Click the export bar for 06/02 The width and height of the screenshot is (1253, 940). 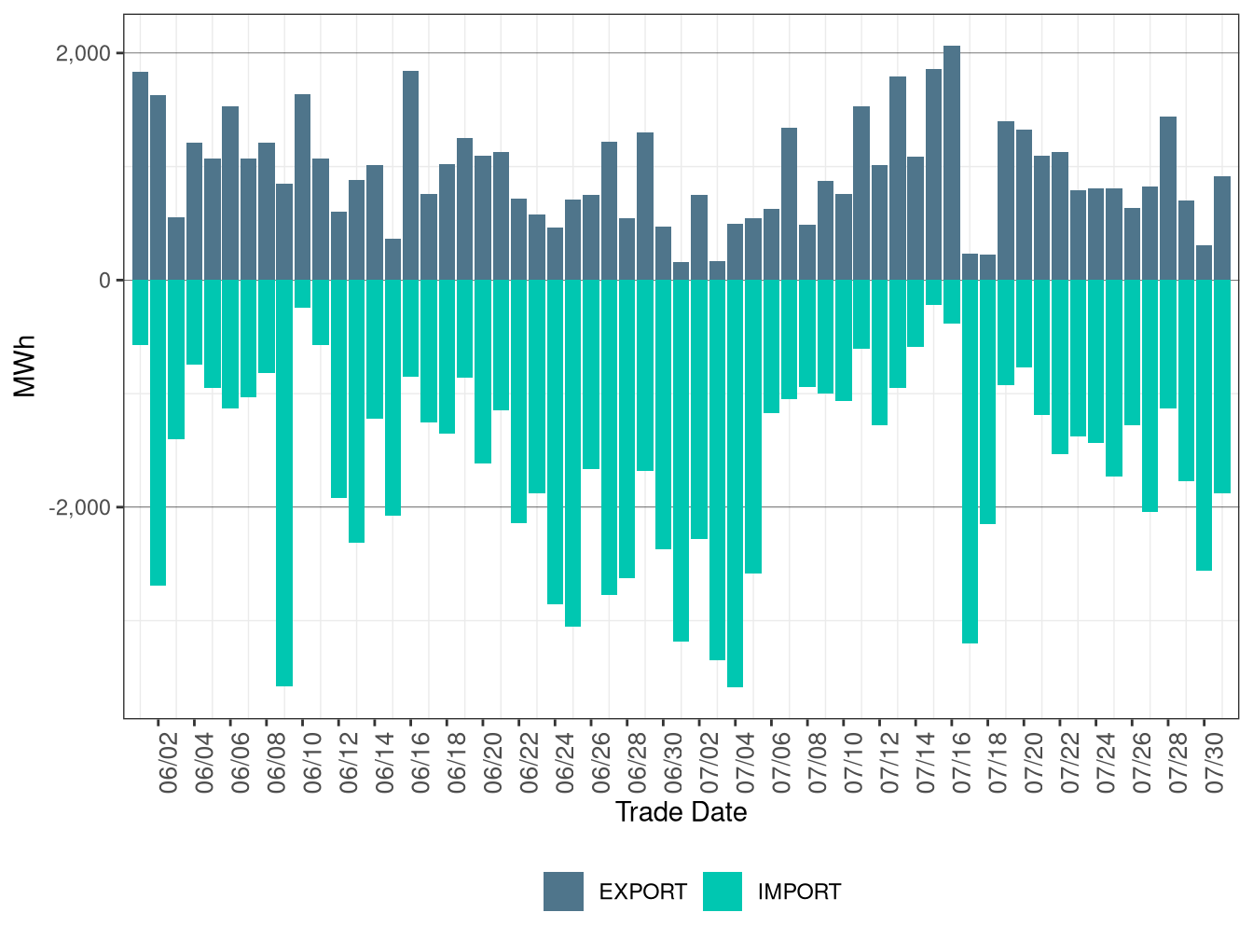pyautogui.click(x=158, y=187)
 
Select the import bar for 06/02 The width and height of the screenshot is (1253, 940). pyautogui.click(x=158, y=433)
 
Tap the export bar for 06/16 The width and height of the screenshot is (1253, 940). pyautogui.click(x=410, y=175)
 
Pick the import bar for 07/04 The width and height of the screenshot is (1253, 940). pyautogui.click(x=736, y=483)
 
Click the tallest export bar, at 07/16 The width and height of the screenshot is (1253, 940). pyautogui.click(x=952, y=162)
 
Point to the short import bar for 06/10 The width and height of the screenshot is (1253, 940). pyautogui.click(x=303, y=294)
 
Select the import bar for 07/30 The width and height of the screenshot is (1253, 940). pyautogui.click(x=1205, y=425)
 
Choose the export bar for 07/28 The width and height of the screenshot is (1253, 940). pyautogui.click(x=1168, y=198)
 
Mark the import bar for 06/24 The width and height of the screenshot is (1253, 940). pyautogui.click(x=555, y=442)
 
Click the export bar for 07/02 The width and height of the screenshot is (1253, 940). pyautogui.click(x=699, y=238)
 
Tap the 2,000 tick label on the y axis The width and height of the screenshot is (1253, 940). pyautogui.click(x=83, y=53)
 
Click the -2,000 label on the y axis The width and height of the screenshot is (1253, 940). pyautogui.click(x=79, y=506)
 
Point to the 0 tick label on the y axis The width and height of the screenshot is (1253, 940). pyautogui.click(x=104, y=281)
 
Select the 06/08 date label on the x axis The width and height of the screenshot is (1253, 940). pyautogui.click(x=276, y=763)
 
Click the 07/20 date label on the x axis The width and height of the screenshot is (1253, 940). pyautogui.click(x=1034, y=763)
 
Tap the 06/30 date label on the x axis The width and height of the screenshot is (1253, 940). pyautogui.click(x=673, y=763)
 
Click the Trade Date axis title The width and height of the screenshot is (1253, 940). pyautogui.click(x=681, y=812)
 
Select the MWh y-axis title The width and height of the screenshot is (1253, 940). pyautogui.click(x=24, y=366)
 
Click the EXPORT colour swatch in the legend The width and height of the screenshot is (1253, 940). pyautogui.click(x=563, y=892)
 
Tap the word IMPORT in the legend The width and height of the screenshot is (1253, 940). pyautogui.click(x=799, y=892)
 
